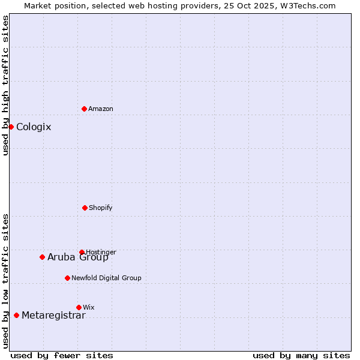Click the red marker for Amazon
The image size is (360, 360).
point(84,109)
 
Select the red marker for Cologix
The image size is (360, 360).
point(11,127)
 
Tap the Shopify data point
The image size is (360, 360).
point(85,208)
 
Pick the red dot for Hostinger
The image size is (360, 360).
point(82,252)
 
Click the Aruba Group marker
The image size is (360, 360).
point(42,257)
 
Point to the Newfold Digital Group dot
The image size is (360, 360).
point(67,278)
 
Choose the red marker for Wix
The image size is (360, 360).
point(79,307)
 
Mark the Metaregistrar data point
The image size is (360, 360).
point(16,315)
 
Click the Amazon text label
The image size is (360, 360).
point(101,109)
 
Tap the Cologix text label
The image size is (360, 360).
point(34,127)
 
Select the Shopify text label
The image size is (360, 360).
point(101,208)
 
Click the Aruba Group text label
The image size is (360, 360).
point(78,257)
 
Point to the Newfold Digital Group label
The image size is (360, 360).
point(106,278)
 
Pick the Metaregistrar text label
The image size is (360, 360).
point(53,316)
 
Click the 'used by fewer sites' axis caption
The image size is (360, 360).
point(62,355)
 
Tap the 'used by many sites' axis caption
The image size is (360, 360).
point(301,355)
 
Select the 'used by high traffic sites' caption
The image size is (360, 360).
point(5,85)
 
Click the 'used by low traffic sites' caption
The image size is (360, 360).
point(5,281)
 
